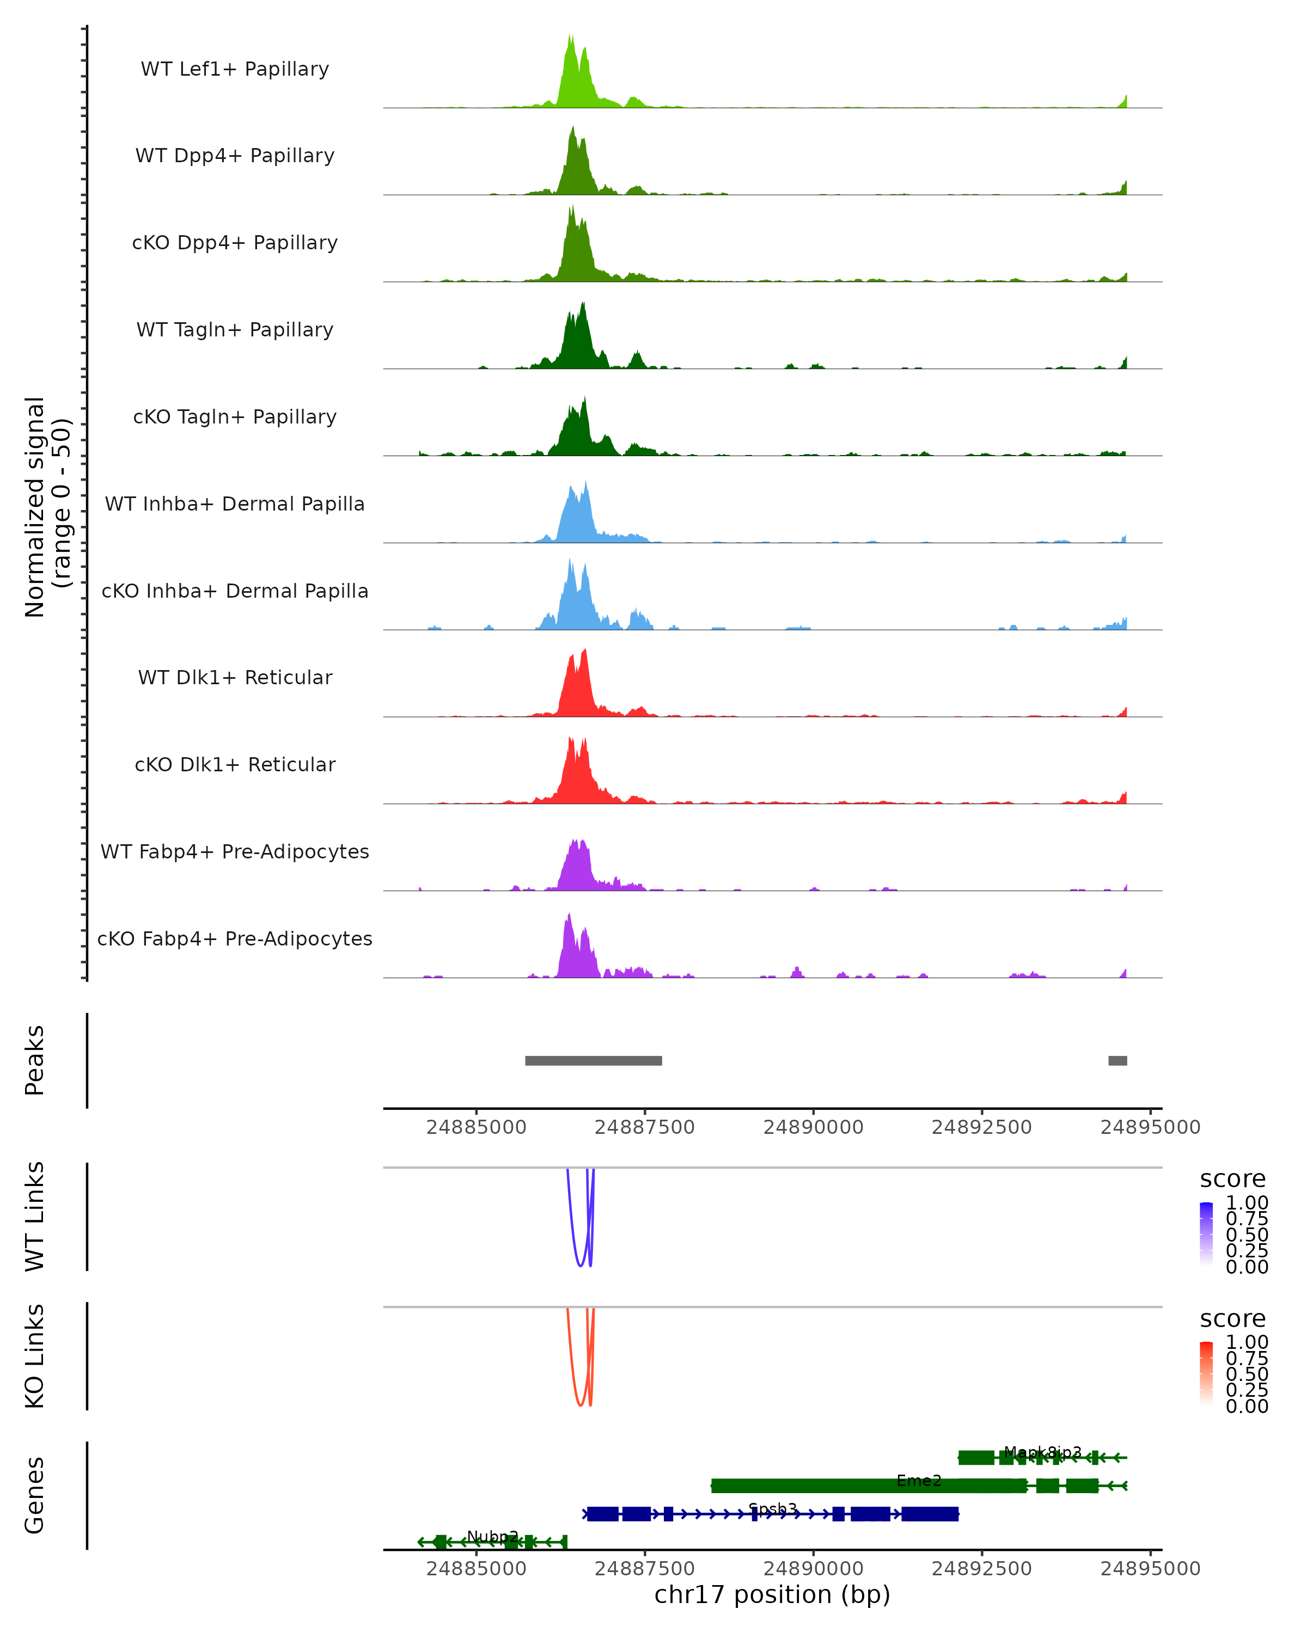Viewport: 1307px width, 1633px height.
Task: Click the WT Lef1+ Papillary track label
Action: point(235,69)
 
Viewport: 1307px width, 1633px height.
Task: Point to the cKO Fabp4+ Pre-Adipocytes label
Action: point(235,938)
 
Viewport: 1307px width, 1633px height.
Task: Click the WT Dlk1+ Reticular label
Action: point(235,677)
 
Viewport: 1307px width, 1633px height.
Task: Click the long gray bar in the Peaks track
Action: point(593,1060)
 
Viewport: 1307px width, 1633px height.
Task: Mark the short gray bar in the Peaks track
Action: point(1117,1060)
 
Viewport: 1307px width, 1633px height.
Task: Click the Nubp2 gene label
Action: point(492,1536)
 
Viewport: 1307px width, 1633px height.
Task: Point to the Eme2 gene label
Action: point(918,1480)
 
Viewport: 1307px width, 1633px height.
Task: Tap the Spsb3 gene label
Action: point(772,1509)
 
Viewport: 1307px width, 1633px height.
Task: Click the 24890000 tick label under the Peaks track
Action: point(813,1127)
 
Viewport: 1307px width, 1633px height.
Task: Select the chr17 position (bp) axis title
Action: point(772,1594)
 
